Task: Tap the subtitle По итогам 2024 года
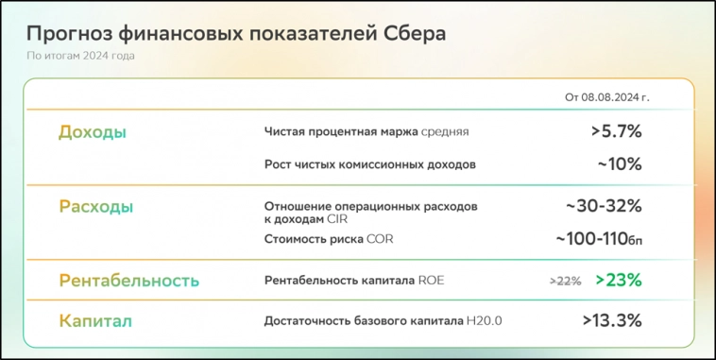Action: pyautogui.click(x=80, y=56)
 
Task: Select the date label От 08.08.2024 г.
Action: pyautogui.click(x=606, y=97)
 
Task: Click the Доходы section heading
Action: pyautogui.click(x=93, y=132)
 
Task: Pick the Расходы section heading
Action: pyautogui.click(x=95, y=206)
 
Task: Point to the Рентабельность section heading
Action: pyautogui.click(x=129, y=281)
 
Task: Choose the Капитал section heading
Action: pyautogui.click(x=95, y=321)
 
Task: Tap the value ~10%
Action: pyautogui.click(x=619, y=163)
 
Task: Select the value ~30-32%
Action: pyautogui.click(x=604, y=206)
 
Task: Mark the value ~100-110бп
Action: pyautogui.click(x=599, y=239)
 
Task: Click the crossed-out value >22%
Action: pyautogui.click(x=565, y=281)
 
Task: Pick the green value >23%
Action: pyautogui.click(x=619, y=280)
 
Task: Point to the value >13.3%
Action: pyautogui.click(x=612, y=321)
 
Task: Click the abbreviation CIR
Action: pyautogui.click(x=338, y=219)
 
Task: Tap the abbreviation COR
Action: pyautogui.click(x=380, y=239)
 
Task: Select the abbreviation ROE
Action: pyautogui.click(x=431, y=280)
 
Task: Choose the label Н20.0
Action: pyautogui.click(x=484, y=321)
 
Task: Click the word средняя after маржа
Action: pyautogui.click(x=445, y=132)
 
